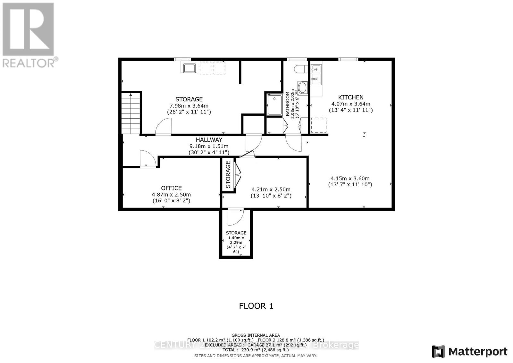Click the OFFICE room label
(171, 188)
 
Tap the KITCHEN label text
(351, 97)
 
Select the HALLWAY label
(209, 140)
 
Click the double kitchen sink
(316, 74)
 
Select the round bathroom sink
(302, 87)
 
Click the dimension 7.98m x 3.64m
(189, 106)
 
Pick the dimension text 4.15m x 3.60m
(350, 179)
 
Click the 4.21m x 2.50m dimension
(271, 190)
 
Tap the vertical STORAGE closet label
(228, 174)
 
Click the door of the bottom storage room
(235, 217)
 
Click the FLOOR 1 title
(256, 306)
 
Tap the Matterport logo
(469, 352)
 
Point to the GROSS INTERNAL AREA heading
(256, 335)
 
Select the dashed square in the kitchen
(319, 125)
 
